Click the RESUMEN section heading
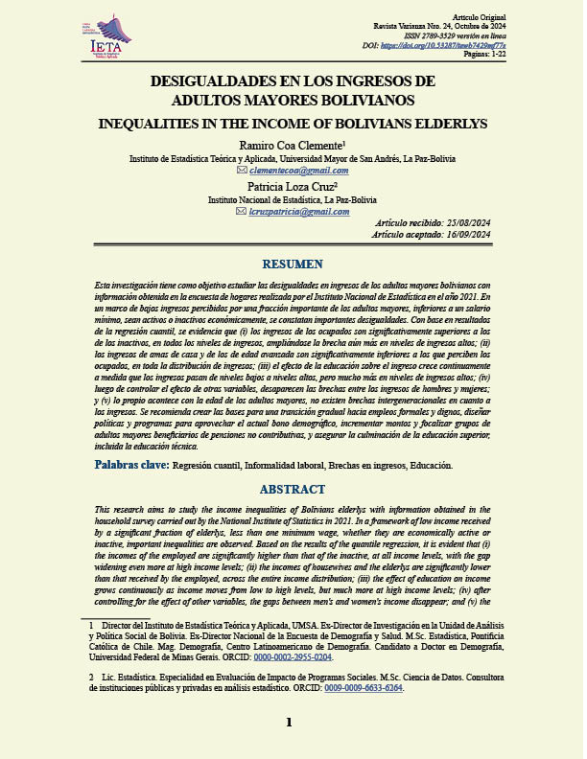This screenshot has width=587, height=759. (x=293, y=264)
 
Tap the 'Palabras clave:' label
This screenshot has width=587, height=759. (x=131, y=465)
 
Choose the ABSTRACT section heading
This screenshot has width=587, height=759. (x=293, y=489)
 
